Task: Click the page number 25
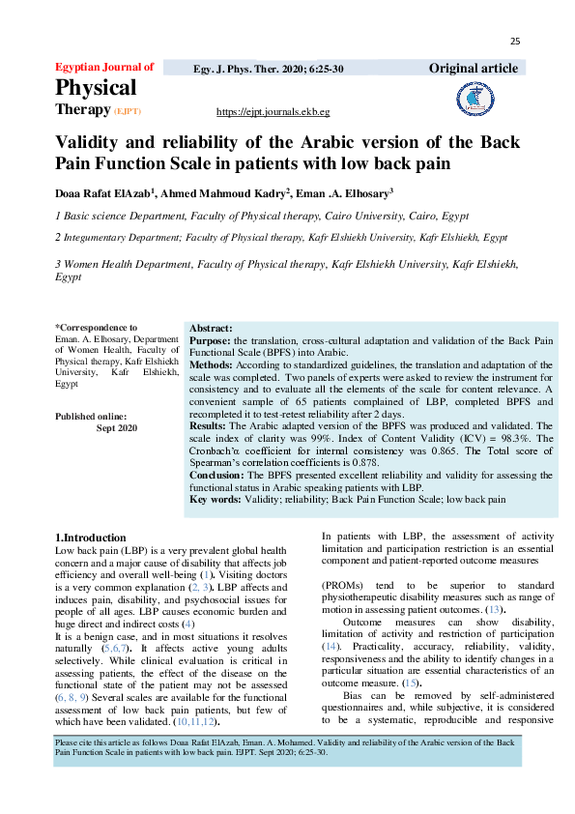(x=515, y=41)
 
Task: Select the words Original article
(x=474, y=68)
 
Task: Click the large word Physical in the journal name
(x=96, y=88)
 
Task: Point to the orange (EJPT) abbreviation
(x=129, y=112)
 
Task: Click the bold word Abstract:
(x=211, y=329)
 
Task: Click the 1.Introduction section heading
(x=90, y=538)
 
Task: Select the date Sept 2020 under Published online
(x=117, y=427)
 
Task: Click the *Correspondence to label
(x=96, y=328)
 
